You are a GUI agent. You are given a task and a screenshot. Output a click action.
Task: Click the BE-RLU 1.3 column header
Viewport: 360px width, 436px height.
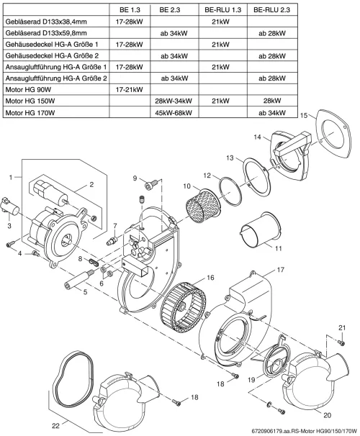(x=223, y=10)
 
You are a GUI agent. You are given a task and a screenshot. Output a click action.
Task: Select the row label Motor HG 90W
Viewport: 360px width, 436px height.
(x=28, y=89)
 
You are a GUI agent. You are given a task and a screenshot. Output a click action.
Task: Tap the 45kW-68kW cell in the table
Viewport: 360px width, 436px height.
(x=174, y=112)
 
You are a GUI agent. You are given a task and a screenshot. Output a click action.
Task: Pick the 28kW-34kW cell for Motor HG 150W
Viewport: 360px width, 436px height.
(x=174, y=101)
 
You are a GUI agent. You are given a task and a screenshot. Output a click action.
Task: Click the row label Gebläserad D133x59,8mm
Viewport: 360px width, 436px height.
(x=46, y=33)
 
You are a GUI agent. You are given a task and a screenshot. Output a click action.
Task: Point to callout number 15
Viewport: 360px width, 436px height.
(x=304, y=115)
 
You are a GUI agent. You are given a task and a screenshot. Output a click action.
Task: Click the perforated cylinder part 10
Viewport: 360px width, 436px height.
(x=203, y=206)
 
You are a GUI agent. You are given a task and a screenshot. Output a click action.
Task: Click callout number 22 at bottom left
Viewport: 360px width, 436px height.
(x=56, y=425)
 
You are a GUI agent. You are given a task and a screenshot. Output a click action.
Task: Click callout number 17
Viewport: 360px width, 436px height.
(x=281, y=269)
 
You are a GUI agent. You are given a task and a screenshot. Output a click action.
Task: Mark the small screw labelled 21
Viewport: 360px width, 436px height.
(x=342, y=343)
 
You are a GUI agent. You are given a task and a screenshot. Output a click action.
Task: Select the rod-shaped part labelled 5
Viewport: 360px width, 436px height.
(x=80, y=280)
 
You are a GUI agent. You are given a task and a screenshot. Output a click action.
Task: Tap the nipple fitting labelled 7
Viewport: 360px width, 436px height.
(x=112, y=240)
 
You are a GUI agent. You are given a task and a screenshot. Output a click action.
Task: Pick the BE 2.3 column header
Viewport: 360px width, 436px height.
(x=170, y=10)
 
